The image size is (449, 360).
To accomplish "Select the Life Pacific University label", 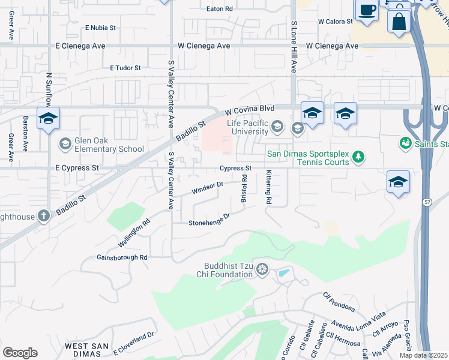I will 247,127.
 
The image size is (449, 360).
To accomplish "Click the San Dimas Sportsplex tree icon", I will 358,157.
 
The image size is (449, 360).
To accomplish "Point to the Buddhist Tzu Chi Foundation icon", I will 262,270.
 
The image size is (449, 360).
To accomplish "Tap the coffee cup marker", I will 367,11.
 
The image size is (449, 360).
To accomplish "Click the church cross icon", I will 43,215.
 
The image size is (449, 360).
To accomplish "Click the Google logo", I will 20,352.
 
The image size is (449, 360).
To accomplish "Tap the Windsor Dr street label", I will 207,188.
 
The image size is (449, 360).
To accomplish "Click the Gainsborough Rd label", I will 122,257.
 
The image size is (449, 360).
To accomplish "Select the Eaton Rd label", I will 219,9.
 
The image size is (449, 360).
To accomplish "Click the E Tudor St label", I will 125,68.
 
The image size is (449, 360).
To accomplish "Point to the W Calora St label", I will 335,22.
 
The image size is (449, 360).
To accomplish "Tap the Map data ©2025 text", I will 423,355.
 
